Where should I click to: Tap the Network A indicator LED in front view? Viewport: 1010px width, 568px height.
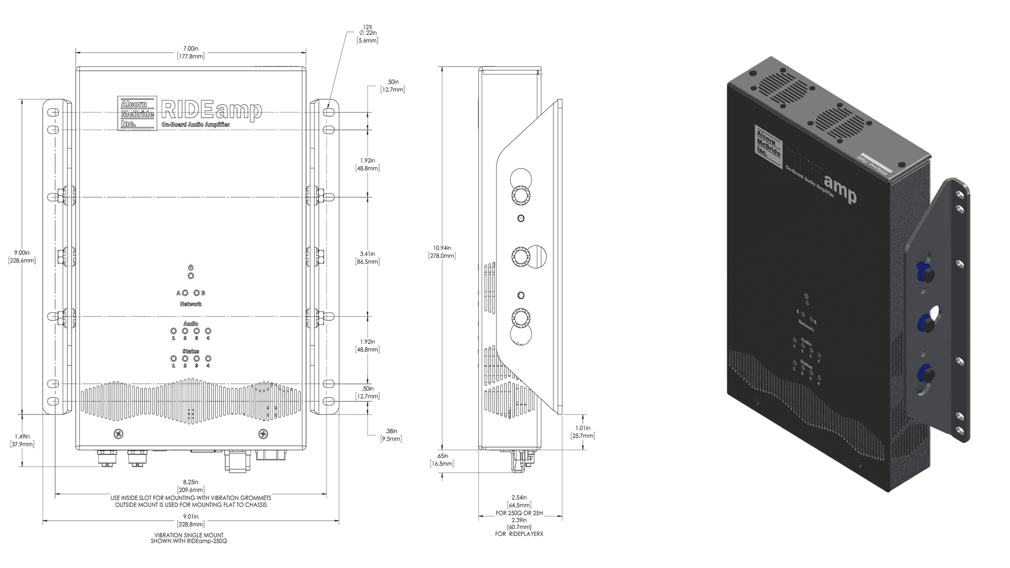pyautogui.click(x=185, y=292)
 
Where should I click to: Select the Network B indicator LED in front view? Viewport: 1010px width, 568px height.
pyautogui.click(x=197, y=292)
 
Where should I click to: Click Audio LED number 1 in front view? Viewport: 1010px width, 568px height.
pyautogui.click(x=174, y=331)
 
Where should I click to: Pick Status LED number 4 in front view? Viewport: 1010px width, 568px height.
pyautogui.click(x=208, y=359)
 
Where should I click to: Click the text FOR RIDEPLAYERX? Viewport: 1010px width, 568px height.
pyautogui.click(x=519, y=534)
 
